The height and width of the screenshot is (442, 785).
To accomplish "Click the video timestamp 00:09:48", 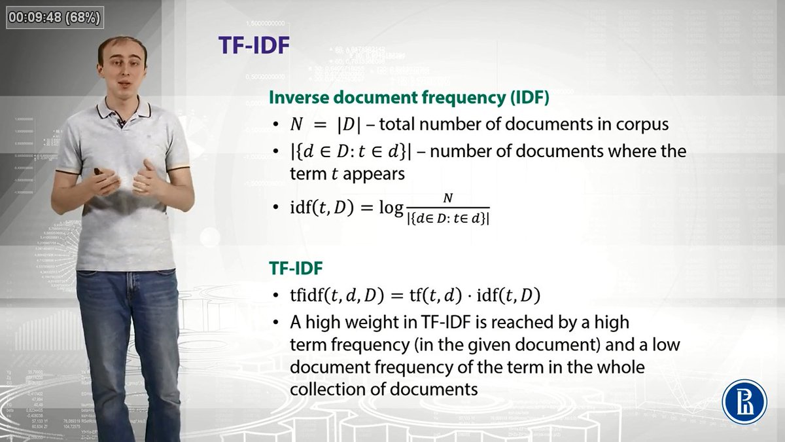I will coord(35,18).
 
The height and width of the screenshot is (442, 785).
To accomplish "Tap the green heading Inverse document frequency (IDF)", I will coord(409,98).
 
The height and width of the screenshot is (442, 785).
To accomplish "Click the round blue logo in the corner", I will coord(744,401).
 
